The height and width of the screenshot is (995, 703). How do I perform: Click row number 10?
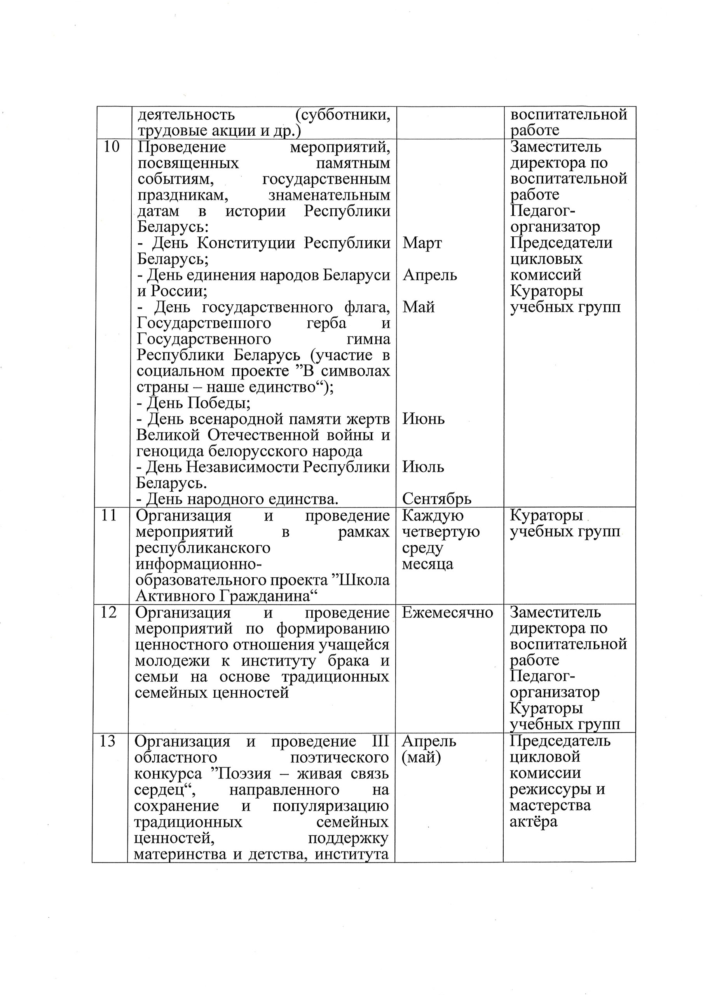point(112,147)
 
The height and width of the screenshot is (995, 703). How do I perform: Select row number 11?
point(108,515)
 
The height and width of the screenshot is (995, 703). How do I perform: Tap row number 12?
point(108,612)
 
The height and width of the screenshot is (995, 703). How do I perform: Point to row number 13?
point(108,742)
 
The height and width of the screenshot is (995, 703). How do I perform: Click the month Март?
point(422,243)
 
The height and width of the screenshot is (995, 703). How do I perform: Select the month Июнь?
point(424,419)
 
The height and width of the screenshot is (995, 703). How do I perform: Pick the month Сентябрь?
point(436,499)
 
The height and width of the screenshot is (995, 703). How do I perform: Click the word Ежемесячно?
point(447,612)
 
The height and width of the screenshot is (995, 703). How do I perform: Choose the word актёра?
point(533,822)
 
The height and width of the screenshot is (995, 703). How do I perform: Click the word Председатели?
point(561,243)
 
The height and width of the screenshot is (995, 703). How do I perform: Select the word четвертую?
point(441,531)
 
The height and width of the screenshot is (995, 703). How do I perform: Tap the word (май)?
point(421,758)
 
